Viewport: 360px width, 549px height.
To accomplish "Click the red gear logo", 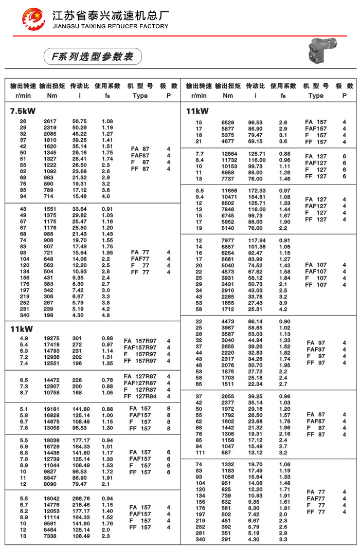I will [x=33, y=20].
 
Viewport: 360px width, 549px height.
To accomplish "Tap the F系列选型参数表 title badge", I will [x=92, y=56].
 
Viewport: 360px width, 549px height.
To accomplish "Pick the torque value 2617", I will [x=50, y=121].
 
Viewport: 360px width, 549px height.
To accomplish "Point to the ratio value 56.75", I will [x=80, y=121].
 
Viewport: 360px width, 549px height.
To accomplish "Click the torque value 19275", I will [x=52, y=338].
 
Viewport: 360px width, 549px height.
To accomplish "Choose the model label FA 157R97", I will [x=140, y=340].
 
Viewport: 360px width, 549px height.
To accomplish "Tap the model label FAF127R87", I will [x=140, y=383].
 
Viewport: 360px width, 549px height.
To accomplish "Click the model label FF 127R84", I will [x=140, y=396].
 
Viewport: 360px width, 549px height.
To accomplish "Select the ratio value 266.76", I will [x=81, y=499].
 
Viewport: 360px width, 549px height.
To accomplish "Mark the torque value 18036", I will [x=52, y=441].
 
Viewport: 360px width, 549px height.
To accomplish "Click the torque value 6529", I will [x=228, y=122].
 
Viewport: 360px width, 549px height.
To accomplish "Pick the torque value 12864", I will [x=229, y=154].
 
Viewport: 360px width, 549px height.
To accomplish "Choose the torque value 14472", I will [x=52, y=380].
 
